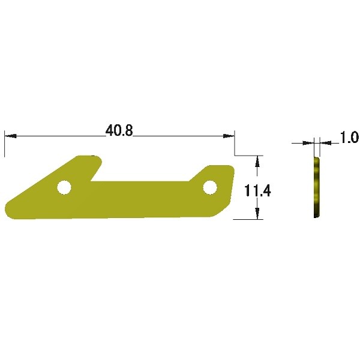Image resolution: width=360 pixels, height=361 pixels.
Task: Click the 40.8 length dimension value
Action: tap(119, 131)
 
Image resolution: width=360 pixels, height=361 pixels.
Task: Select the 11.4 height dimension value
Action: tap(257, 190)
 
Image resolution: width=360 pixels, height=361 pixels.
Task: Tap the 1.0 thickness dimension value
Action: tap(349, 138)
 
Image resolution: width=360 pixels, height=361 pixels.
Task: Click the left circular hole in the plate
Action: tap(64, 187)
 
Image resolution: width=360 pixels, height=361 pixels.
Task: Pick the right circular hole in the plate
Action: tap(210, 187)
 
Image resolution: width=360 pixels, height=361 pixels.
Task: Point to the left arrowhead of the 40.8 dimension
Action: tap(11, 136)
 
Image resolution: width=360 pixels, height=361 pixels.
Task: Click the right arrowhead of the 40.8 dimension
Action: tap(229, 136)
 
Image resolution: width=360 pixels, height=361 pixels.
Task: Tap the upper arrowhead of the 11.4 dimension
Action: tap(257, 161)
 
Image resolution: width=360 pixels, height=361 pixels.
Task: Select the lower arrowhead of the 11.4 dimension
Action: tap(257, 213)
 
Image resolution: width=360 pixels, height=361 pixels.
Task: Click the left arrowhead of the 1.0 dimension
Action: tap(308, 143)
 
